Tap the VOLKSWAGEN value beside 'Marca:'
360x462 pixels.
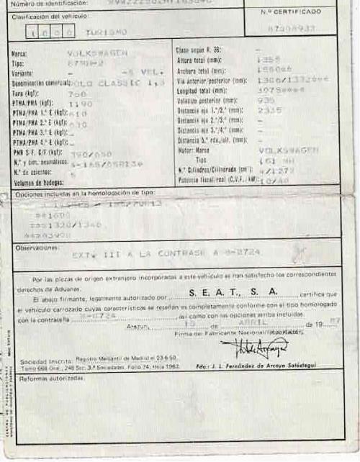click(97, 53)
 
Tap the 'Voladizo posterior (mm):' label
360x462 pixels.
click(210, 101)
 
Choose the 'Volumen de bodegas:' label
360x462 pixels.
click(35, 183)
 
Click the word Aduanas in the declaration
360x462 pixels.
click(52, 287)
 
